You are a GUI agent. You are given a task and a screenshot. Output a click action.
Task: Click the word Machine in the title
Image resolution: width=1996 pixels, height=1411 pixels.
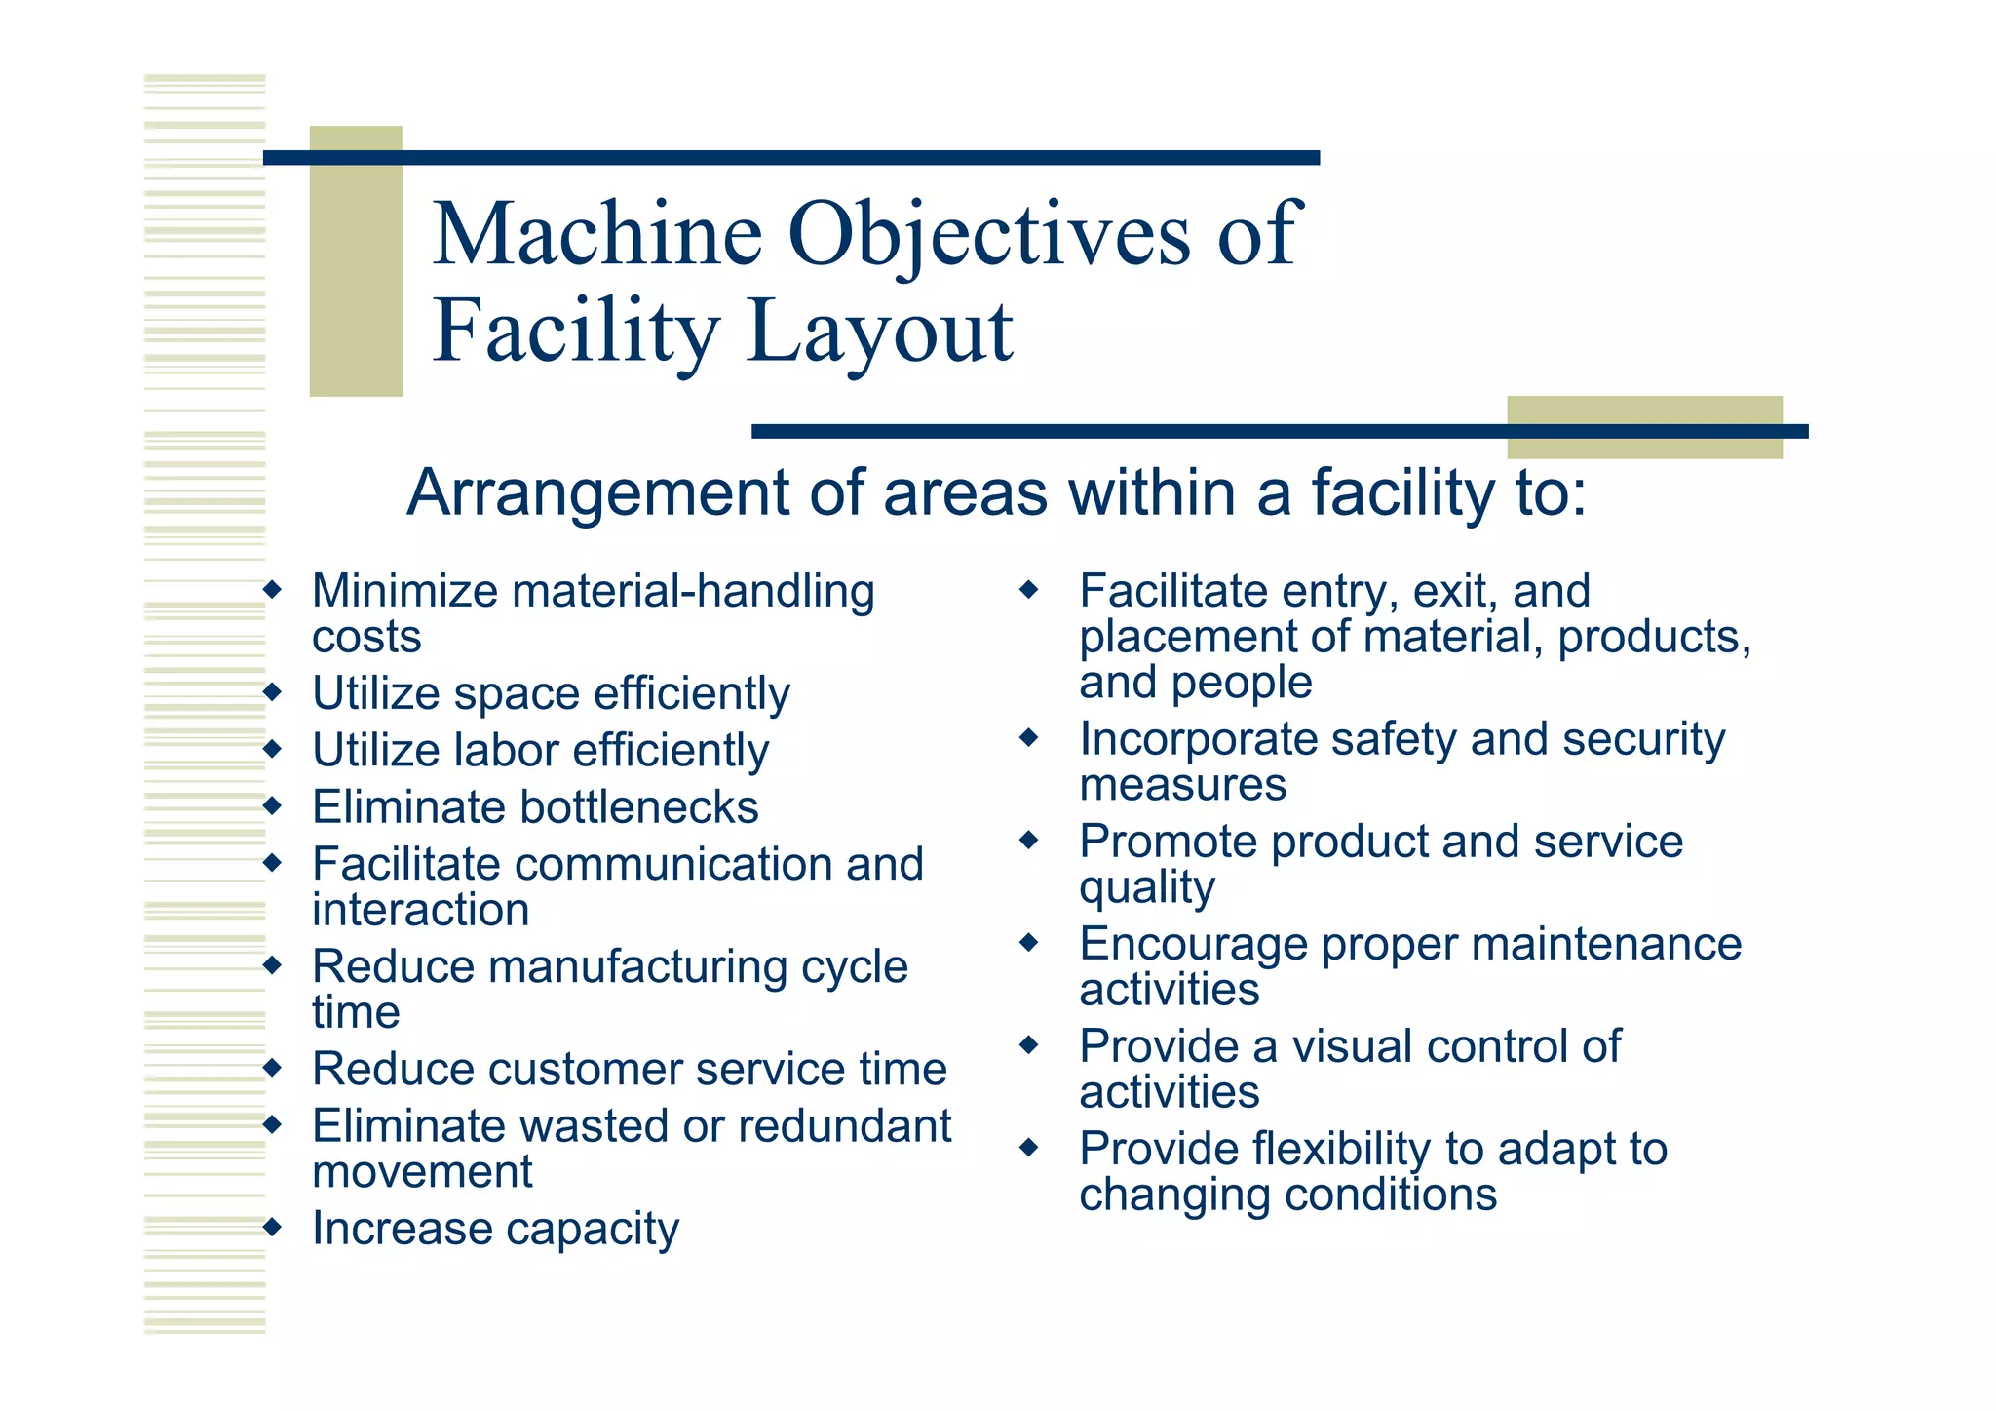point(596,234)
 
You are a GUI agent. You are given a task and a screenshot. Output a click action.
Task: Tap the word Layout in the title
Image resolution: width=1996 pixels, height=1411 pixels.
point(880,332)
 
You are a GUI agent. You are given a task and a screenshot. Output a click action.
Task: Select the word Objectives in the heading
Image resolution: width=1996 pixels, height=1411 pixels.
point(988,234)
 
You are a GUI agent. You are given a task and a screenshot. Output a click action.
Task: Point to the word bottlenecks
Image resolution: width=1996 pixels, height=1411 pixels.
point(638,807)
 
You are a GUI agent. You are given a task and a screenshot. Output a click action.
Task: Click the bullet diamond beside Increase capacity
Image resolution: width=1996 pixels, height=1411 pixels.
point(273,1227)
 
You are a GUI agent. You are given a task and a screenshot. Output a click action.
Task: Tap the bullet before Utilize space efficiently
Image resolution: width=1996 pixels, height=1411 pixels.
point(273,692)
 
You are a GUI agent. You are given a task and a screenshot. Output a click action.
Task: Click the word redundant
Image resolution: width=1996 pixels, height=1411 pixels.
point(844,1126)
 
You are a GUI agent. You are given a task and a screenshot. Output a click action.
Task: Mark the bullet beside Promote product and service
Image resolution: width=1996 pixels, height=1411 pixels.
point(1029,840)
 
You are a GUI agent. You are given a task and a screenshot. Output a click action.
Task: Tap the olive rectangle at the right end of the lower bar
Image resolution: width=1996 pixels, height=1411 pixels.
point(1644,427)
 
